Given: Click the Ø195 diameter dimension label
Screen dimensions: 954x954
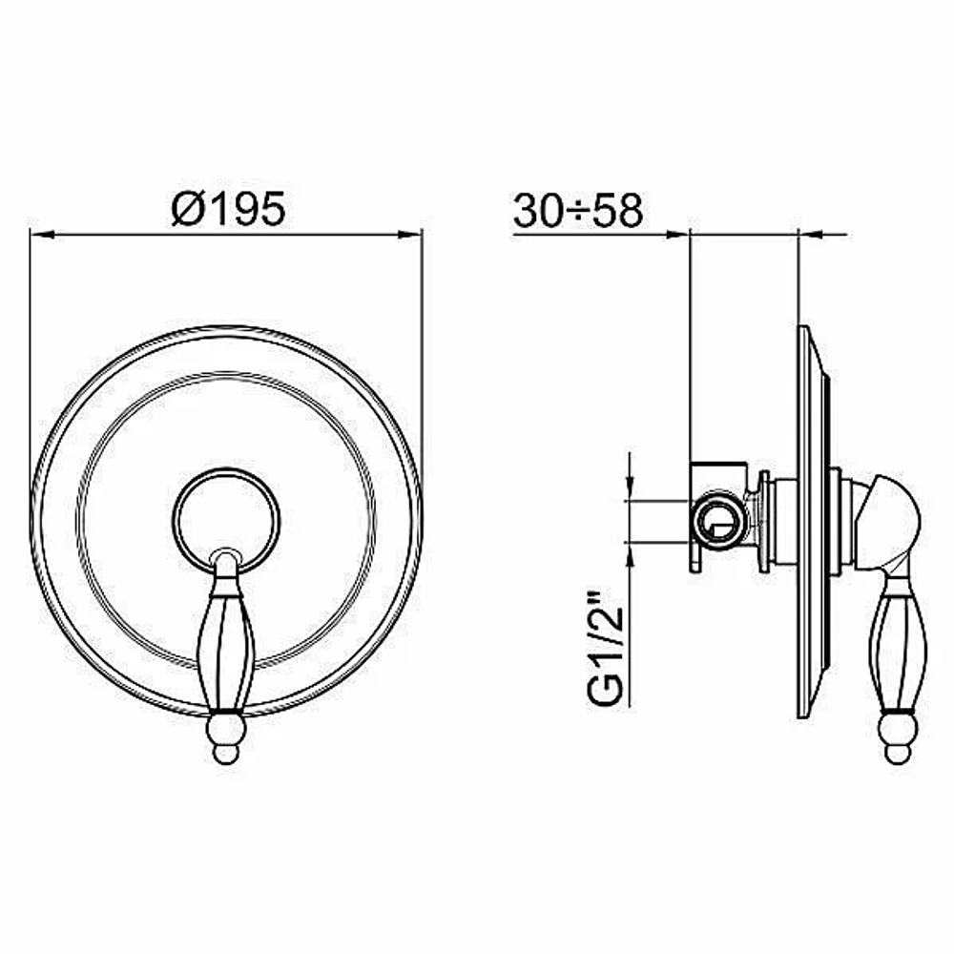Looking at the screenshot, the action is [x=228, y=208].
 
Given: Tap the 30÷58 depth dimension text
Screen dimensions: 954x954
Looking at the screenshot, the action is [x=578, y=211].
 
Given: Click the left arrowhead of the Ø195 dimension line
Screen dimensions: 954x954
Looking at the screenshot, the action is [x=43, y=234].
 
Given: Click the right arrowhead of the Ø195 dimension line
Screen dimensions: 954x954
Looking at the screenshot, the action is [x=409, y=234].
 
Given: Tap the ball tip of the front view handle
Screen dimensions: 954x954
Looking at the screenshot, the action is [x=226, y=738].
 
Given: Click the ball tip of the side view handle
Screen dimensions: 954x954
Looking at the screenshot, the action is [x=898, y=738].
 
